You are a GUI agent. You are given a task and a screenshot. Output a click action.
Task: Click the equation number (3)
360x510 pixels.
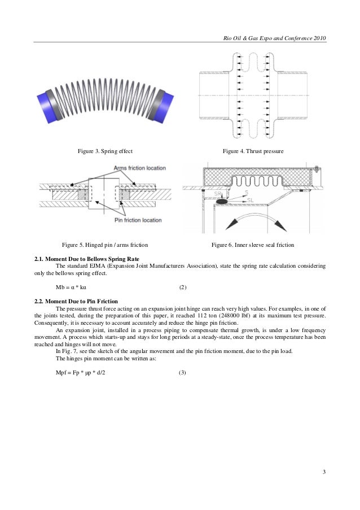click(x=182, y=373)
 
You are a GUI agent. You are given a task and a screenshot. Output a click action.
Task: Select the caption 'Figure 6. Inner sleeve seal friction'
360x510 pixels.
click(x=253, y=245)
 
